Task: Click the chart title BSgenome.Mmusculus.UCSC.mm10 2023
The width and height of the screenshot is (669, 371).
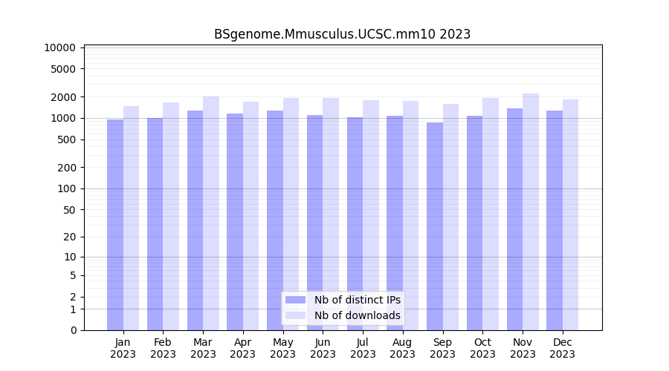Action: point(342,34)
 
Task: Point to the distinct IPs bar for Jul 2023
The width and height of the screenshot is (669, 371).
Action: point(355,223)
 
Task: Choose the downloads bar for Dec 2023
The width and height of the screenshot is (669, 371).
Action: point(571,214)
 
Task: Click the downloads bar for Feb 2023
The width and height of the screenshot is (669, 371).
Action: point(171,216)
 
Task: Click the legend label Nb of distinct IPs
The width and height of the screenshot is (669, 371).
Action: point(358,300)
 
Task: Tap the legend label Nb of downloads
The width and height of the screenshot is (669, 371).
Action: point(358,315)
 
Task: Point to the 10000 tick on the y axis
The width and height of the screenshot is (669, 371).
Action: point(60,47)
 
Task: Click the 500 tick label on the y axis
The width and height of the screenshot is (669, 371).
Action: point(66,139)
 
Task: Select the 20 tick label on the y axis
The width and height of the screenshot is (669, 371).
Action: point(69,237)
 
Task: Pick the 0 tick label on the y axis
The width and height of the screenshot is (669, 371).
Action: point(73,330)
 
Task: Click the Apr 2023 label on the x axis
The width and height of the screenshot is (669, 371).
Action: point(243,348)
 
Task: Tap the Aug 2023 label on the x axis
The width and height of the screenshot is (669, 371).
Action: point(403,348)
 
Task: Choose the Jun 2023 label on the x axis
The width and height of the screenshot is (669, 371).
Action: point(323,348)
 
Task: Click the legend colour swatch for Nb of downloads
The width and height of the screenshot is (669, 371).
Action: point(295,315)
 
